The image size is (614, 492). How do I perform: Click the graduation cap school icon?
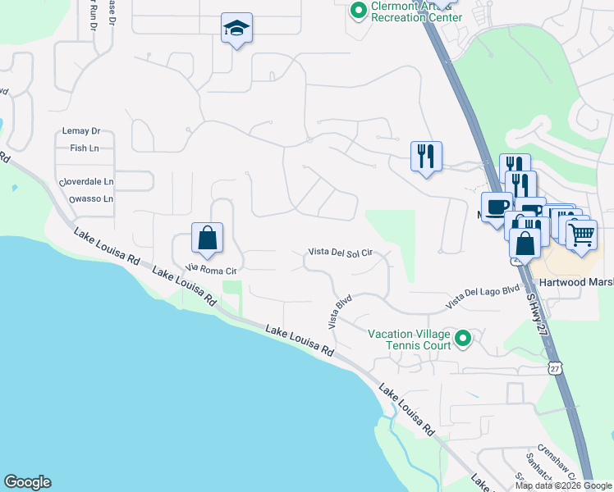point(236,30)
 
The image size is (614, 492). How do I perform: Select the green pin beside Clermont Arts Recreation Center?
point(358,11)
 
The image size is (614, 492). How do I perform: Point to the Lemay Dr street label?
point(80,131)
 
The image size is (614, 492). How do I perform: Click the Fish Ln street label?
point(79,148)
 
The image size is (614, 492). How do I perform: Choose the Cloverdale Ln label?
point(85,181)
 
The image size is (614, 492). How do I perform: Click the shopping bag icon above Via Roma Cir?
point(208,239)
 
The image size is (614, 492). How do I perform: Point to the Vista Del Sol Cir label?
point(341,253)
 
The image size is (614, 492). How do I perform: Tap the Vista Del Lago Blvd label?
point(483,297)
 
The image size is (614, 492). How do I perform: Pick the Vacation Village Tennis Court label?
point(409,339)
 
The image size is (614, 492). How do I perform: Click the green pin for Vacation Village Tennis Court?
point(463,337)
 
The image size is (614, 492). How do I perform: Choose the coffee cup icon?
point(497,206)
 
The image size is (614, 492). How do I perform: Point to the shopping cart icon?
point(581,235)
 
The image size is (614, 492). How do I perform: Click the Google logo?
point(28,482)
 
